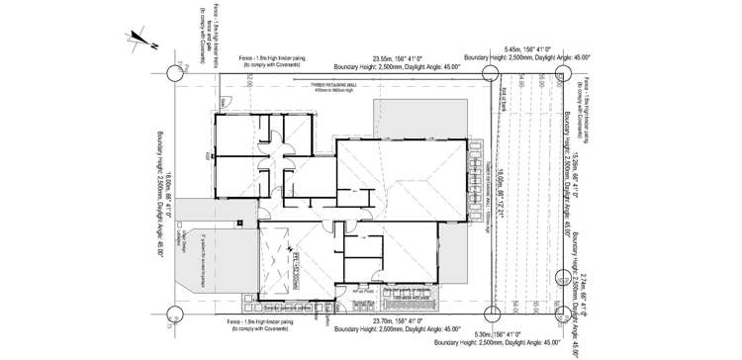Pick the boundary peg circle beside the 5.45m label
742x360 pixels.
click(x=490, y=72)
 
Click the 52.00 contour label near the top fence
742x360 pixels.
click(x=251, y=80)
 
